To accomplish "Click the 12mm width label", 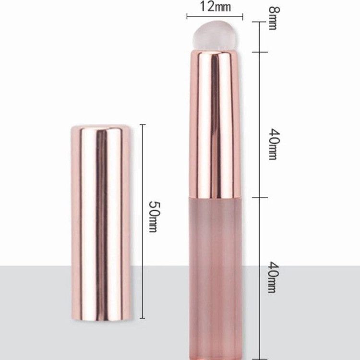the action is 215,6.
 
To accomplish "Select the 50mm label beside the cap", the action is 154,217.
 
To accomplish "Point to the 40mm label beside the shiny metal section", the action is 275,144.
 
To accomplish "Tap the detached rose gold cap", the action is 101,222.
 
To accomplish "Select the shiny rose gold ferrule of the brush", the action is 215,124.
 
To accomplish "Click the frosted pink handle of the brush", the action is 216,278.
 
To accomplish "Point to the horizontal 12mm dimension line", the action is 215,16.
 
